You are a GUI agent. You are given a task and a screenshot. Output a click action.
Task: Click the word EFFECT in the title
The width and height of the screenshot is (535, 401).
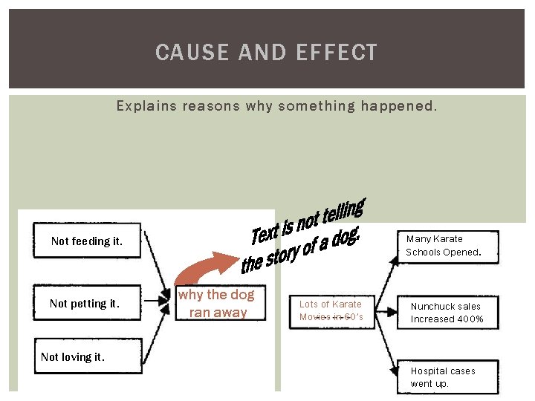coord(337,53)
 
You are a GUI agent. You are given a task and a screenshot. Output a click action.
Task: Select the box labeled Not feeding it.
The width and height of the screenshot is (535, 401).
coord(87,241)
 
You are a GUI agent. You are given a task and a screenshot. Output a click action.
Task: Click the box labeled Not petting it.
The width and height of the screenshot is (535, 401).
coord(85,303)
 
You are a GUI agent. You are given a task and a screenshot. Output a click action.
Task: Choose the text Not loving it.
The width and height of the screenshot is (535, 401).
coord(73,356)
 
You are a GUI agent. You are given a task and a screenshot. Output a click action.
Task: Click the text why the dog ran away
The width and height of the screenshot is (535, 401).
coord(217,303)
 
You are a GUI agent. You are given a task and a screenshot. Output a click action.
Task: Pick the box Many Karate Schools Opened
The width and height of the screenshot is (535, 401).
coord(443,246)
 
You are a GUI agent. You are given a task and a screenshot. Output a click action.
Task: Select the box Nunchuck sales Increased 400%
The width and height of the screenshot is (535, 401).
coord(447,313)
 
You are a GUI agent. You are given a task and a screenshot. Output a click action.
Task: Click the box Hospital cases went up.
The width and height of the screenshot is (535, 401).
coord(443,377)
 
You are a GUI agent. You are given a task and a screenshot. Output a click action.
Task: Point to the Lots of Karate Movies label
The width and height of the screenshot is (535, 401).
coord(331,310)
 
